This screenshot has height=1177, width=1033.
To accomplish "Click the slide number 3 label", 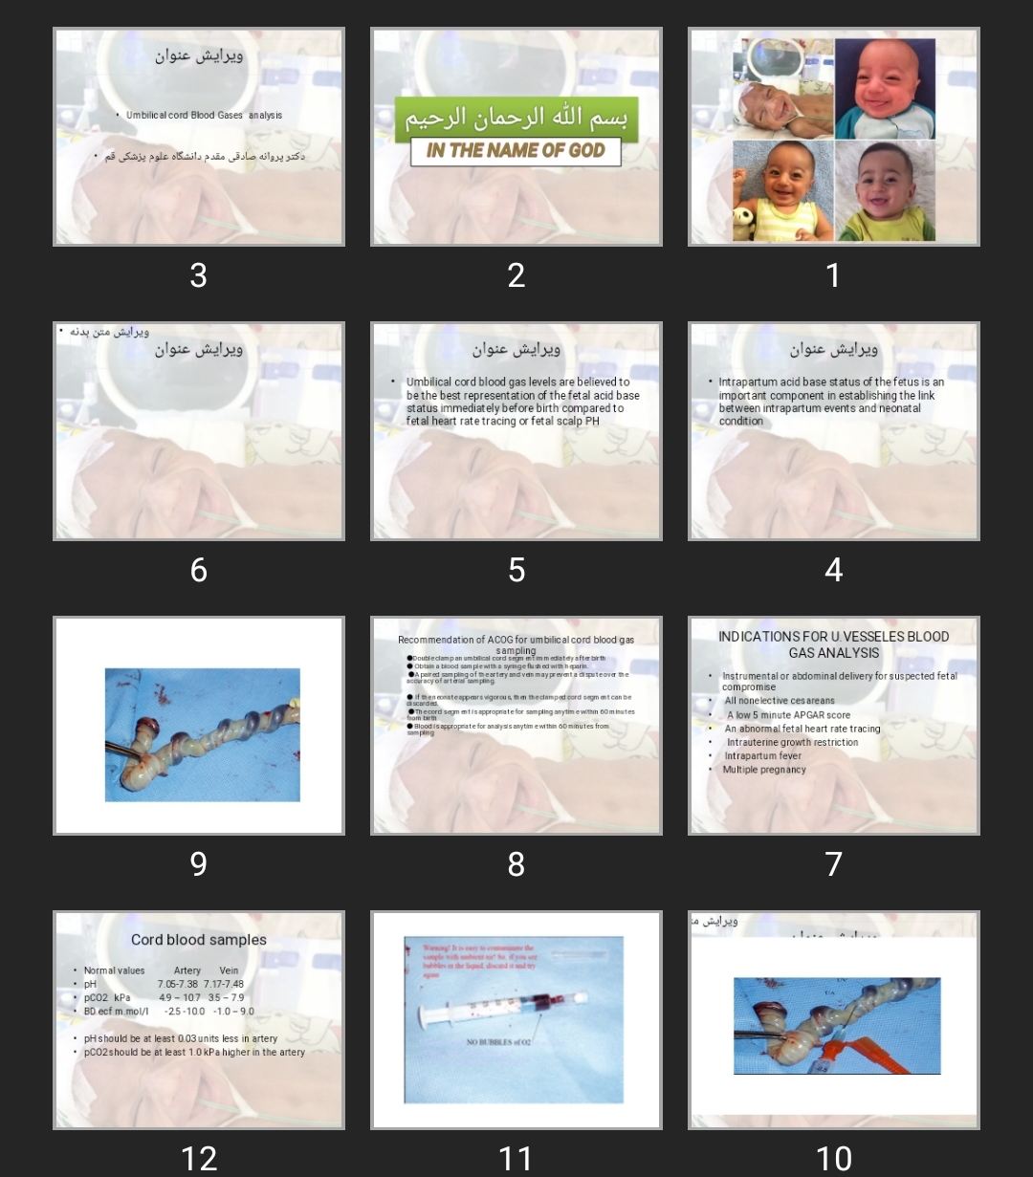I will [x=198, y=275].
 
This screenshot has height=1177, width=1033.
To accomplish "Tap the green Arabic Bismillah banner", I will [x=516, y=119].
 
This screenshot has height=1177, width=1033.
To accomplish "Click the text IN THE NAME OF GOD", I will [x=516, y=151].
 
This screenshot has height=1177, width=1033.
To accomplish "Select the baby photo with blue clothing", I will [x=884, y=89].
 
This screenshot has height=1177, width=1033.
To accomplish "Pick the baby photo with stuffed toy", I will [x=782, y=191].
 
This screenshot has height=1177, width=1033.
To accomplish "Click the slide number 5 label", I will [x=516, y=570].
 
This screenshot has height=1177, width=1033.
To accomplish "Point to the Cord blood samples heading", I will [x=199, y=940].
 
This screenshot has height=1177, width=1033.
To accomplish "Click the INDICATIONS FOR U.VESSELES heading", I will [x=833, y=644].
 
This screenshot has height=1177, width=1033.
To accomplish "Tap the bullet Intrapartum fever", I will [x=762, y=755].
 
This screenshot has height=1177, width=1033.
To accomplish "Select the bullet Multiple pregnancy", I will [x=764, y=770].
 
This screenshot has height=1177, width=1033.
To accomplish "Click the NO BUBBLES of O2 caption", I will [x=498, y=1042].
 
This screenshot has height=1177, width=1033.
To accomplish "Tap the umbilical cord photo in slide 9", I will [x=202, y=734].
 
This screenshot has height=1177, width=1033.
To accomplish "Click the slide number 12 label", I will [x=198, y=1159].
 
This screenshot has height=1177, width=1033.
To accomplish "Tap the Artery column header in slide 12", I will [x=187, y=970].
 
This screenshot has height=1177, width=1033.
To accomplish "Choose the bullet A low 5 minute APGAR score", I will [x=788, y=715].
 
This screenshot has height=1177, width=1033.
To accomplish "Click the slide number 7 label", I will [x=833, y=864].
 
